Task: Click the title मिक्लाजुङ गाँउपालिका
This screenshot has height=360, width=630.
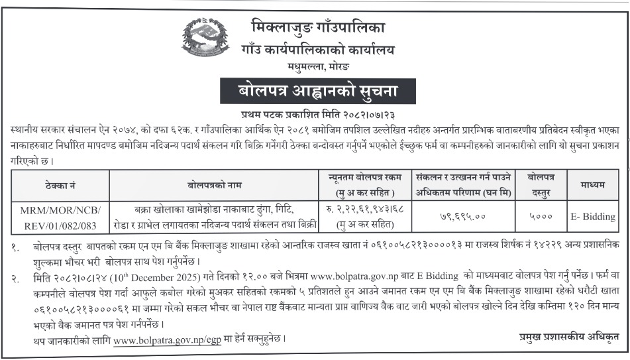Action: coord(318,28)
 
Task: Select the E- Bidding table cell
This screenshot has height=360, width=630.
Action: coord(592,217)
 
